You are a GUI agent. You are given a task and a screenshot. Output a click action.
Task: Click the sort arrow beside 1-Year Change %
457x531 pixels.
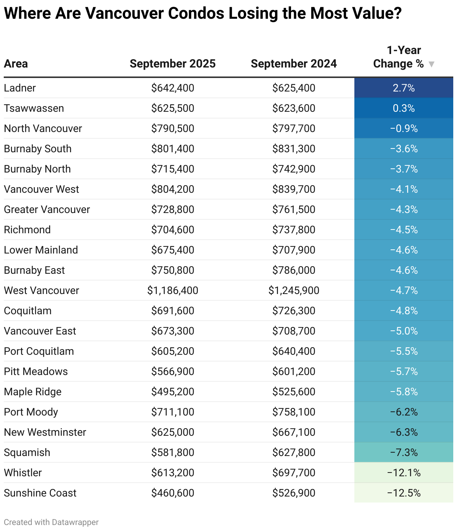(x=431, y=64)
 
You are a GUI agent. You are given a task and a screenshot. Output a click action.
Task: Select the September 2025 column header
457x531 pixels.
(x=172, y=64)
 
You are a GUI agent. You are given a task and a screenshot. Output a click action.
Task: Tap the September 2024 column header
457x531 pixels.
(x=293, y=64)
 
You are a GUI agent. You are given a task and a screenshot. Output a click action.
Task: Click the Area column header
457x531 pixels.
(x=16, y=64)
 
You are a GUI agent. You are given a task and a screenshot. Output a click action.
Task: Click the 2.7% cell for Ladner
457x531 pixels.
(x=403, y=88)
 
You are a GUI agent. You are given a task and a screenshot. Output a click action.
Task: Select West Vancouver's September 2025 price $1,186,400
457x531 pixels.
(x=172, y=291)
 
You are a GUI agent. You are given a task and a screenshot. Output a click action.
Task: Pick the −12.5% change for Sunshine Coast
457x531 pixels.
(x=403, y=493)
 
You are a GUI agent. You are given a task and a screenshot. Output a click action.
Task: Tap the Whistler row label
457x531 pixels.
(x=23, y=473)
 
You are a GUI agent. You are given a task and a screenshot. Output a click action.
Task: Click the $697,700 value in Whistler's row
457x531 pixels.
(x=294, y=473)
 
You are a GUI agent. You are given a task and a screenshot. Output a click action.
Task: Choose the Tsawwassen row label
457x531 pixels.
(x=34, y=108)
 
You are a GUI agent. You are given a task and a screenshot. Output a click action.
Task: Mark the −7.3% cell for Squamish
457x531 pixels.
(x=403, y=453)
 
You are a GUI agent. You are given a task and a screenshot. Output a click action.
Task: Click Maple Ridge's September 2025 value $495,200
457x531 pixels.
(x=172, y=392)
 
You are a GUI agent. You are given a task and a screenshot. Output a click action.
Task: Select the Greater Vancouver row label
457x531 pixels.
(x=47, y=210)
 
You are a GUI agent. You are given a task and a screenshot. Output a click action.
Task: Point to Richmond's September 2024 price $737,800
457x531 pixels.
(x=294, y=230)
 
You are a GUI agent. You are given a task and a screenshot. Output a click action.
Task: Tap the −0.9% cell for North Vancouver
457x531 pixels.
(x=403, y=129)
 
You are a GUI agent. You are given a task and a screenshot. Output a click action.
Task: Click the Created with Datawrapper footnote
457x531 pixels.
(x=51, y=522)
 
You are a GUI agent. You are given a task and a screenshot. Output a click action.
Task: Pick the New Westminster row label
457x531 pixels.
(x=45, y=432)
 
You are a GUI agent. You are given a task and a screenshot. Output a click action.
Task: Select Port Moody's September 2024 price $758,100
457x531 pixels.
(x=294, y=412)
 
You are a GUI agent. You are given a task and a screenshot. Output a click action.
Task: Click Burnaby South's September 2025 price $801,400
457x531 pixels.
(x=172, y=149)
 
